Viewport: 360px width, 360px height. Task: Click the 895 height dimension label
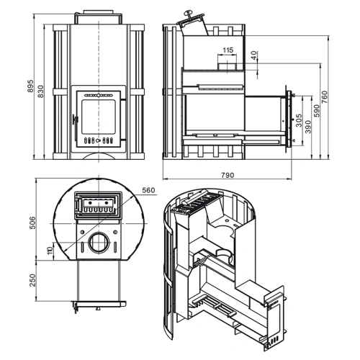click(31, 86)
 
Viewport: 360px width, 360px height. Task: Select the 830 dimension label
click(41, 91)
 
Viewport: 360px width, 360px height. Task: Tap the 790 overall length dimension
click(228, 175)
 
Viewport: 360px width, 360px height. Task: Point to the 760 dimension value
click(325, 97)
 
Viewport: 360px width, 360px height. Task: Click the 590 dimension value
click(317, 111)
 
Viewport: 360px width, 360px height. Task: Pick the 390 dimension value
click(308, 127)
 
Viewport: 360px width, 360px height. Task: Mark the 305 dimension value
click(299, 120)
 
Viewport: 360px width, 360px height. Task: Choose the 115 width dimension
click(228, 50)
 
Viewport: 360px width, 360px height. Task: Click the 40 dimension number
click(255, 55)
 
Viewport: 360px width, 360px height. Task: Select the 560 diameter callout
click(148, 190)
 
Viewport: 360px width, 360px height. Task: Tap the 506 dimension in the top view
click(32, 222)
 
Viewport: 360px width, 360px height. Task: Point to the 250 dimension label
click(32, 280)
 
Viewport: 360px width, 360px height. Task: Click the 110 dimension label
click(50, 251)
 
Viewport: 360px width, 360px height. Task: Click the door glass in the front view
click(99, 117)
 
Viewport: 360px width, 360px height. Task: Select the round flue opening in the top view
click(99, 243)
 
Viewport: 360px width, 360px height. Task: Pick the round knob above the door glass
click(99, 95)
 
